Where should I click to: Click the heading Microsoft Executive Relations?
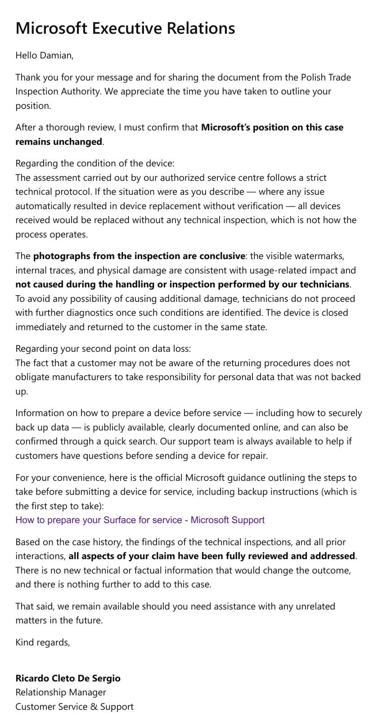coord(125,28)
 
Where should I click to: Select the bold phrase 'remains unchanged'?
coord(58,142)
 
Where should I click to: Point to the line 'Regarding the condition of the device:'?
coord(94,163)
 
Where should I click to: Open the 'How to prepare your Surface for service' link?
coord(140,520)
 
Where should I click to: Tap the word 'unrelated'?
coord(315,606)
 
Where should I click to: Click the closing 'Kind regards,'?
coord(43,642)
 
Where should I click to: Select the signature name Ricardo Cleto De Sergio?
coord(68,678)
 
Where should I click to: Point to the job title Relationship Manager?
coord(61,692)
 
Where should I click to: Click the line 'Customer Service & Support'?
coord(74,707)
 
